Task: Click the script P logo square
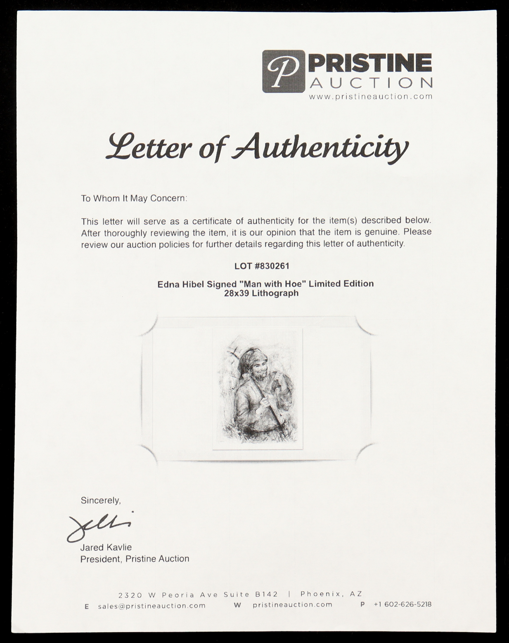(x=283, y=71)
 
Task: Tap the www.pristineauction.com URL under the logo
(x=371, y=97)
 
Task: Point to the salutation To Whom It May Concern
(x=134, y=199)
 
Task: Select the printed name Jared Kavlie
(x=106, y=547)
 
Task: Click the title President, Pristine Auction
(x=135, y=559)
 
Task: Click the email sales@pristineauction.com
(x=152, y=605)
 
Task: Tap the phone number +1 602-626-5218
(x=402, y=604)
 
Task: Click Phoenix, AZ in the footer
(x=331, y=594)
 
